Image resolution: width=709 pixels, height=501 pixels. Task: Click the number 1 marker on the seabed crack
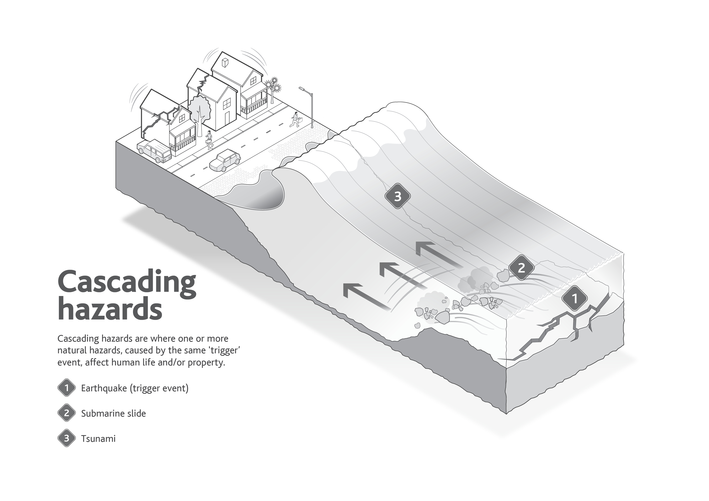click(574, 299)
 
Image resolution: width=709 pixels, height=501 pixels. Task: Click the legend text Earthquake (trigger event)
click(135, 388)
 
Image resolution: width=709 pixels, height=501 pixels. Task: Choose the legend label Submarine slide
click(113, 413)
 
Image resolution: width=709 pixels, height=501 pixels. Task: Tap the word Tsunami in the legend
click(98, 439)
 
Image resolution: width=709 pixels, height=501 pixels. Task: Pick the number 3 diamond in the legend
click(66, 438)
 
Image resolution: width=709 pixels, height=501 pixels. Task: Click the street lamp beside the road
click(310, 106)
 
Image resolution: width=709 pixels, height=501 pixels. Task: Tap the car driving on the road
click(225, 161)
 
